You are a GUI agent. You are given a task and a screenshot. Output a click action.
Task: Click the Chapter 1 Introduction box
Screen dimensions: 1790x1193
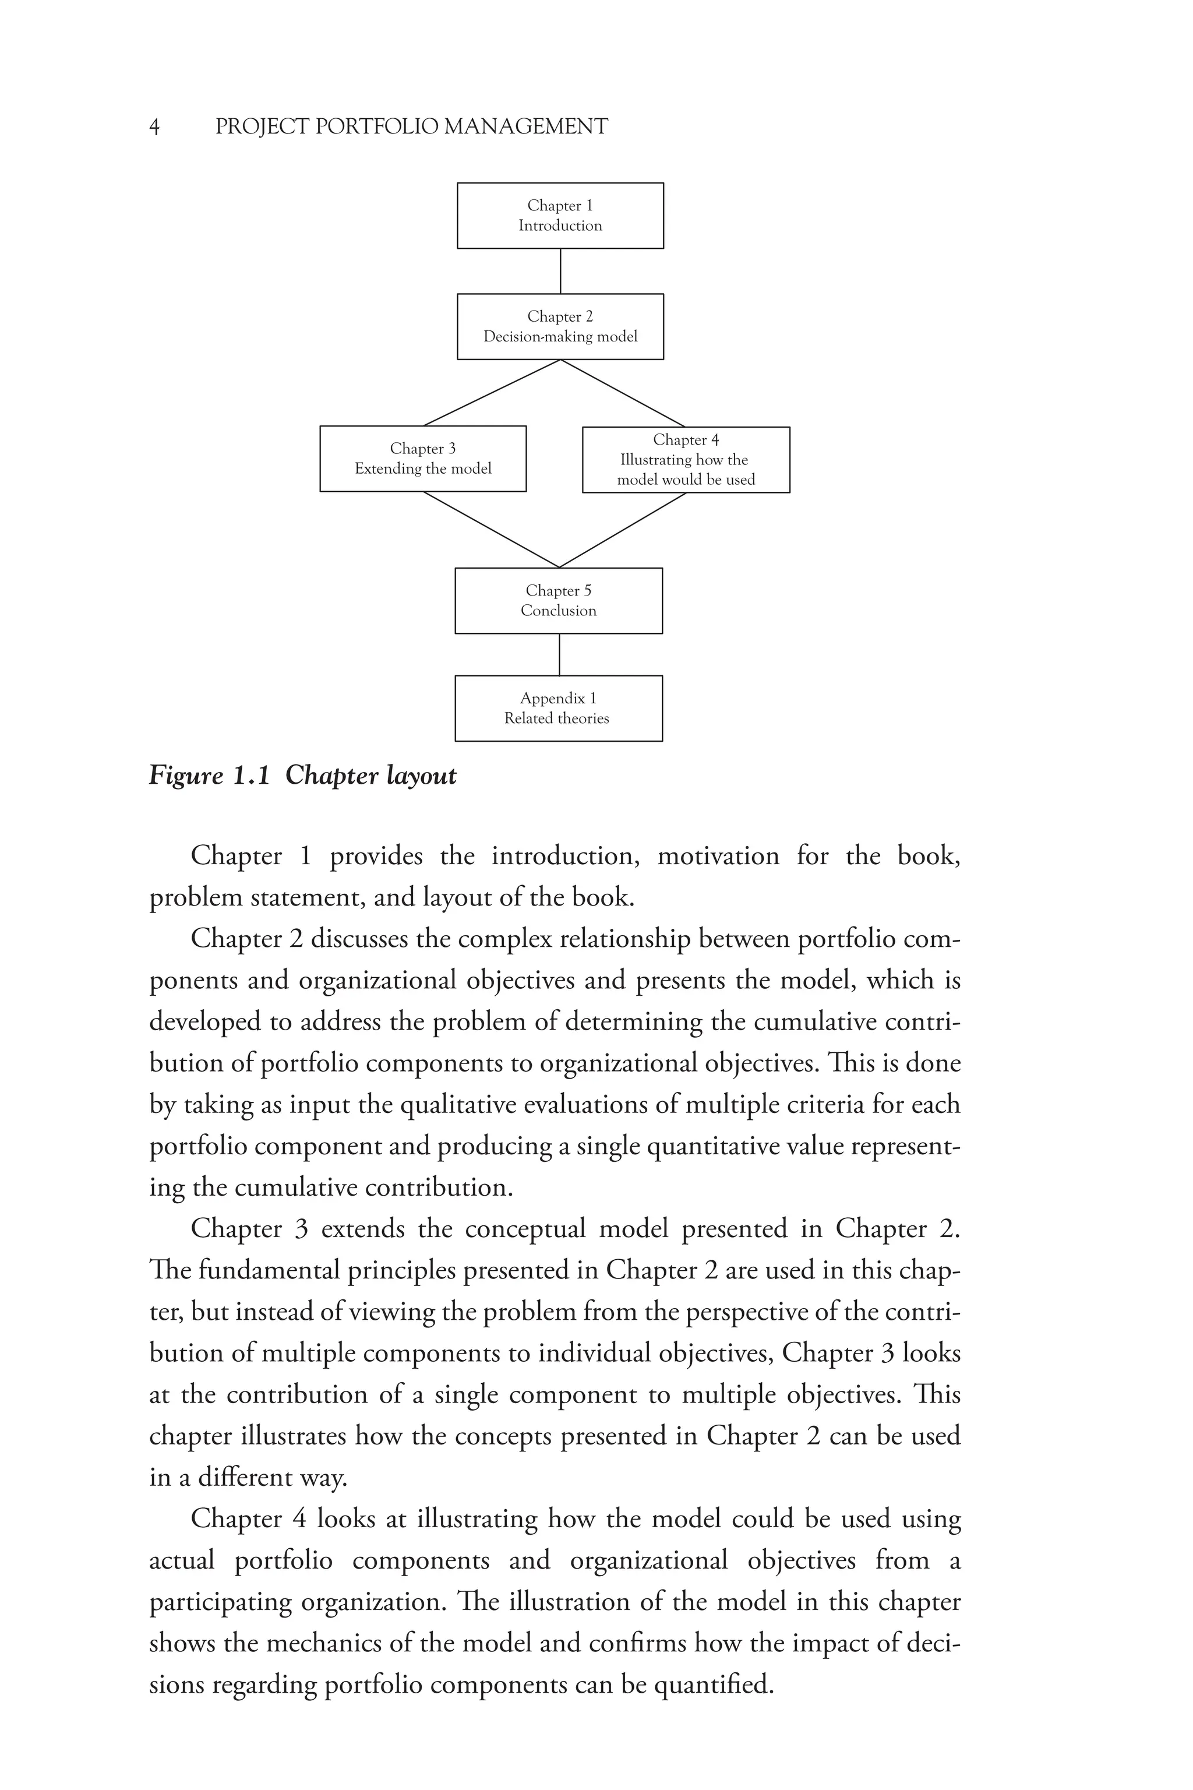click(560, 216)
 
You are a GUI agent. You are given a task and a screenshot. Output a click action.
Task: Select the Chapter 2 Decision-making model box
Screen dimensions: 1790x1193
click(560, 326)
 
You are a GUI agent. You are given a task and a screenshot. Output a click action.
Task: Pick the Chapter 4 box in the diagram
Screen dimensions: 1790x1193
click(686, 460)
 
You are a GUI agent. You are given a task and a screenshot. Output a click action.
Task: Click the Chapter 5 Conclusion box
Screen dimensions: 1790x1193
click(559, 601)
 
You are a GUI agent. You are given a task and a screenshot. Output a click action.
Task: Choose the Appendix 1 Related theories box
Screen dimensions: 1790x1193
click(559, 708)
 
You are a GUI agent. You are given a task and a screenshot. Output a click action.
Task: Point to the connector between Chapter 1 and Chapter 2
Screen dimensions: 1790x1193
click(561, 271)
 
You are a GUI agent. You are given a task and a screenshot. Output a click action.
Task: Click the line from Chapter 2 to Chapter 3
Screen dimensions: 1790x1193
click(492, 393)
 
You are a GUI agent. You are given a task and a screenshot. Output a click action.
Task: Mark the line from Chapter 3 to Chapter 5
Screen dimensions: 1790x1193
click(492, 530)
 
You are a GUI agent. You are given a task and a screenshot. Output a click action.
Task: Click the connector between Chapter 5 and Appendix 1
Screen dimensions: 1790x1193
click(559, 654)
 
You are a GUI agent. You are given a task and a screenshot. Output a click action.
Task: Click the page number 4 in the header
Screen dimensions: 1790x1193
click(154, 126)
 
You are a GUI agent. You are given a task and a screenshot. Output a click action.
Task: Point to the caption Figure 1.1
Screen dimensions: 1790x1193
click(209, 776)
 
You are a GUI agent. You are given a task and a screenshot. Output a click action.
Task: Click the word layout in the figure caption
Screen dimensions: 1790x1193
click(422, 776)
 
